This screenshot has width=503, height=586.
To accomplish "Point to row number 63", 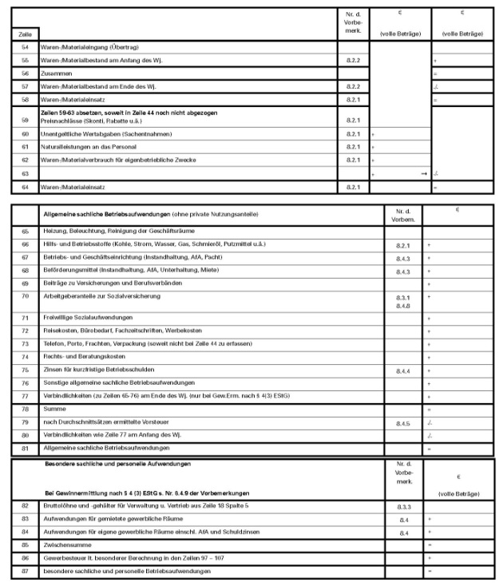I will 25,172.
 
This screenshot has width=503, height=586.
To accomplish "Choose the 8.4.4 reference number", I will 402,371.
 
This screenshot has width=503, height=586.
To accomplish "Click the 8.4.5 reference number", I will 402,422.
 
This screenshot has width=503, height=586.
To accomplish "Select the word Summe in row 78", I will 54,408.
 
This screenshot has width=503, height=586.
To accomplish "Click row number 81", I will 25,449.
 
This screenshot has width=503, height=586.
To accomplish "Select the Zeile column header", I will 24,34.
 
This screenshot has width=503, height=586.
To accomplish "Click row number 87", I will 25,572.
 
